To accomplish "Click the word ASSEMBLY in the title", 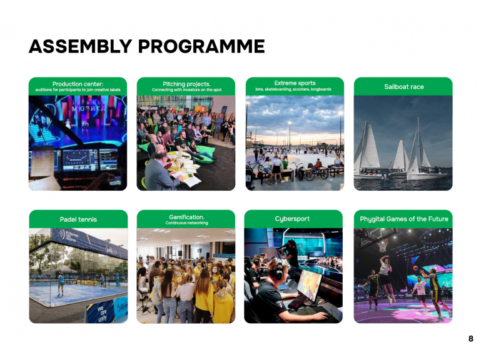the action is [81, 46].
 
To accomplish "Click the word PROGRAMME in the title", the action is [201, 46].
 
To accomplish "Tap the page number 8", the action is [471, 339].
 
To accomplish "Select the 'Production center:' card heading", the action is [78, 84].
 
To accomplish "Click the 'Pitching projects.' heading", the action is [186, 84].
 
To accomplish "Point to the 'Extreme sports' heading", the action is [295, 82].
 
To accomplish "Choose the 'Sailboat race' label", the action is [403, 87].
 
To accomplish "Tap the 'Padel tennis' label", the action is [78, 219].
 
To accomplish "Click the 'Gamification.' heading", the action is [186, 217].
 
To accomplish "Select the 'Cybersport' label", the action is [292, 219].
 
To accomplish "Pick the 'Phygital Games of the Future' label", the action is [403, 219].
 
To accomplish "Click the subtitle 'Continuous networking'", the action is [186, 223].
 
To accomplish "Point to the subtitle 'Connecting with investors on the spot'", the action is [186, 90].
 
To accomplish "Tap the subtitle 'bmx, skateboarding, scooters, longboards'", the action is [293, 89].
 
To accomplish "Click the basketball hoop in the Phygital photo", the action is [382, 245].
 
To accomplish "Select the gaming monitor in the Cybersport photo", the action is [310, 285].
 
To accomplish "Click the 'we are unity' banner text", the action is [102, 313].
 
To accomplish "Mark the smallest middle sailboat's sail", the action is [400, 155].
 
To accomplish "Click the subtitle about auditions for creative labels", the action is [78, 90].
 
